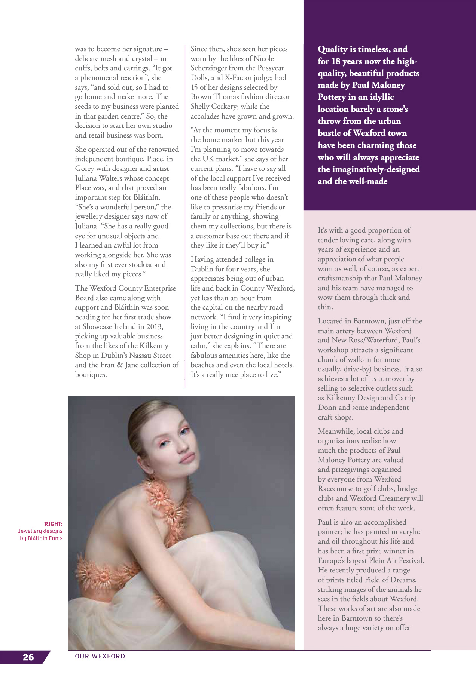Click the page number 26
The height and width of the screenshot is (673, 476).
(x=28, y=657)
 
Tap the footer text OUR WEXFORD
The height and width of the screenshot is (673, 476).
(x=100, y=656)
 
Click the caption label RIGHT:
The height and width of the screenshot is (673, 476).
(x=53, y=524)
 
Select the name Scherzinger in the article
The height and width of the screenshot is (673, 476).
(x=210, y=68)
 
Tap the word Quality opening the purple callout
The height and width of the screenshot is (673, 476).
(x=332, y=49)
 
